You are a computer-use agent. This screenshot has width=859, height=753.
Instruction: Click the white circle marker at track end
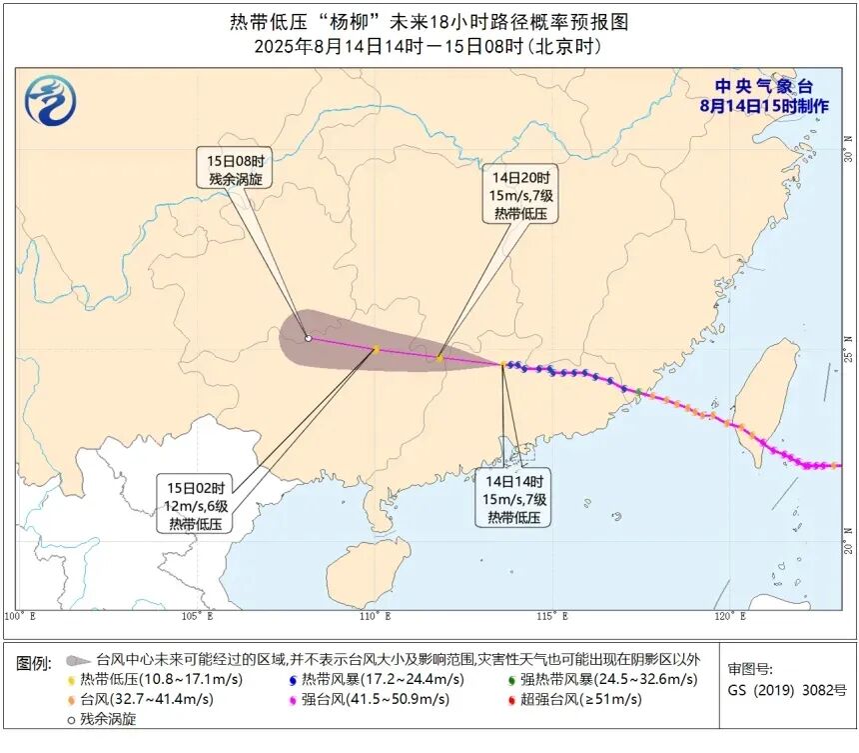(308, 339)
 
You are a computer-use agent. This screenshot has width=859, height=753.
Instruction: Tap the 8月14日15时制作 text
(764, 105)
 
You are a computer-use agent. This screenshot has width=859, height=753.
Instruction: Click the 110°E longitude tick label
(377, 616)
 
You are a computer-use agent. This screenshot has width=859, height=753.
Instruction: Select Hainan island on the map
(368, 573)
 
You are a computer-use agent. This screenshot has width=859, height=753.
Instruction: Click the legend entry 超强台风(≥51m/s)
(578, 699)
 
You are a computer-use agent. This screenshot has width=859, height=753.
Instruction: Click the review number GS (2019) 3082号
(786, 690)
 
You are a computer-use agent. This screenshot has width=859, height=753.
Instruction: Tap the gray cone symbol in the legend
(77, 660)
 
